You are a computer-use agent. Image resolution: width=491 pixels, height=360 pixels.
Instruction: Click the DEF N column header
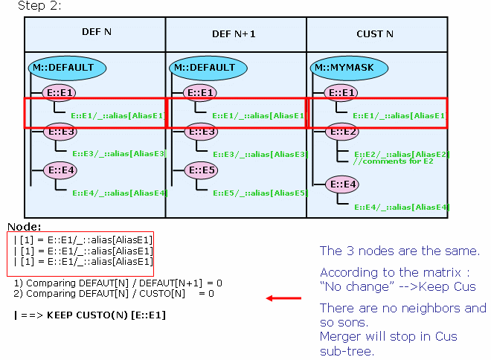(97, 32)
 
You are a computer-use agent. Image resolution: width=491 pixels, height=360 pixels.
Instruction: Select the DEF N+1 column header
(234, 33)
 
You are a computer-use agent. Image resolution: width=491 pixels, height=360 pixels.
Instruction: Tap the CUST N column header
(375, 33)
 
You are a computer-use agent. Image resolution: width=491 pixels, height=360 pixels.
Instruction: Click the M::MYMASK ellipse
(349, 68)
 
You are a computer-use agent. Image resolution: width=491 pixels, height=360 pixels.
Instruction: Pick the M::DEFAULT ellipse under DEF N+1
(208, 68)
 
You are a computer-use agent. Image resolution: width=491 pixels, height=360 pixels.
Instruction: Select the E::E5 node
(202, 170)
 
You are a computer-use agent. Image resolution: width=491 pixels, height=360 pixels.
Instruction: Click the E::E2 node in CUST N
(342, 132)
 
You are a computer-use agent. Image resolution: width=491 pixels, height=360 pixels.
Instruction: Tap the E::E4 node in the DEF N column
(60, 170)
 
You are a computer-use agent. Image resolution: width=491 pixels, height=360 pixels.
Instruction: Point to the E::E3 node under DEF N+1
(202, 132)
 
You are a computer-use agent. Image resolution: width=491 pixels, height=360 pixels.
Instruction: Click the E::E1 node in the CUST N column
(341, 93)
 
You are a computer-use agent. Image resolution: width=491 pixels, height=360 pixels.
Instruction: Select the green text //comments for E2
(394, 161)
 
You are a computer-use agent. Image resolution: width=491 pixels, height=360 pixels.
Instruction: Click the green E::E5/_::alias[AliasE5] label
(260, 193)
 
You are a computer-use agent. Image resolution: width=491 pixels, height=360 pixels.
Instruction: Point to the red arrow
(283, 298)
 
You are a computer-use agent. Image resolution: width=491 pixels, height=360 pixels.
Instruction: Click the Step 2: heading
(39, 6)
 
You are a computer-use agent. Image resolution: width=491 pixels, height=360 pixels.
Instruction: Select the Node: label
(24, 227)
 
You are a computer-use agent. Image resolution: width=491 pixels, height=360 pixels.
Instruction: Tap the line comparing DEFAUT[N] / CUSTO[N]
(114, 294)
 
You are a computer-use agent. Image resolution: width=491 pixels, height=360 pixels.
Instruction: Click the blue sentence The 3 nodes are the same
(399, 251)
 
